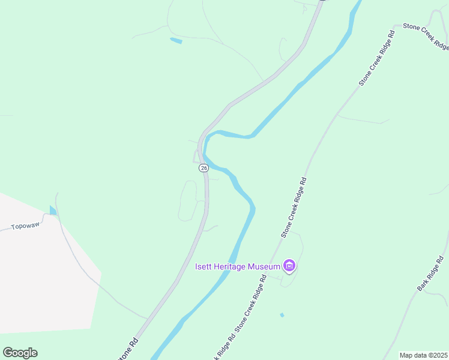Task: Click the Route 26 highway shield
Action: pos(204,168)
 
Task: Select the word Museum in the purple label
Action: pos(266,266)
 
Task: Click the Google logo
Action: pos(20,353)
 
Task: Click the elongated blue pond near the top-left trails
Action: pos(176,41)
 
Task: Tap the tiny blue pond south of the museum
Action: pos(282,314)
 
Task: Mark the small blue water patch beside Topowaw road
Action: pos(52,210)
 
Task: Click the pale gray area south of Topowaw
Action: pos(42,276)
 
